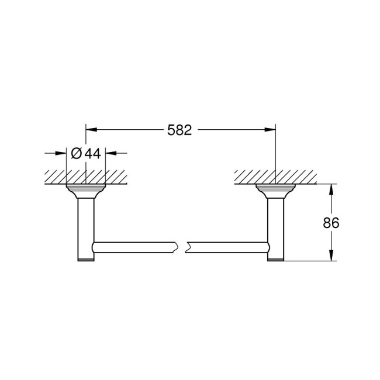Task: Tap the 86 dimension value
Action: pyautogui.click(x=331, y=223)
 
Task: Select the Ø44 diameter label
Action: pyautogui.click(x=86, y=153)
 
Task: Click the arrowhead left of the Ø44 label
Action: pyautogui.click(x=61, y=153)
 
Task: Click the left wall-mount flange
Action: pyautogui.click(x=86, y=191)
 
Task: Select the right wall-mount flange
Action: pyautogui.click(x=275, y=191)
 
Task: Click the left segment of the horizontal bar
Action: pyautogui.click(x=134, y=246)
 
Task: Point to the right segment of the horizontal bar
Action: pyautogui.click(x=228, y=246)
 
